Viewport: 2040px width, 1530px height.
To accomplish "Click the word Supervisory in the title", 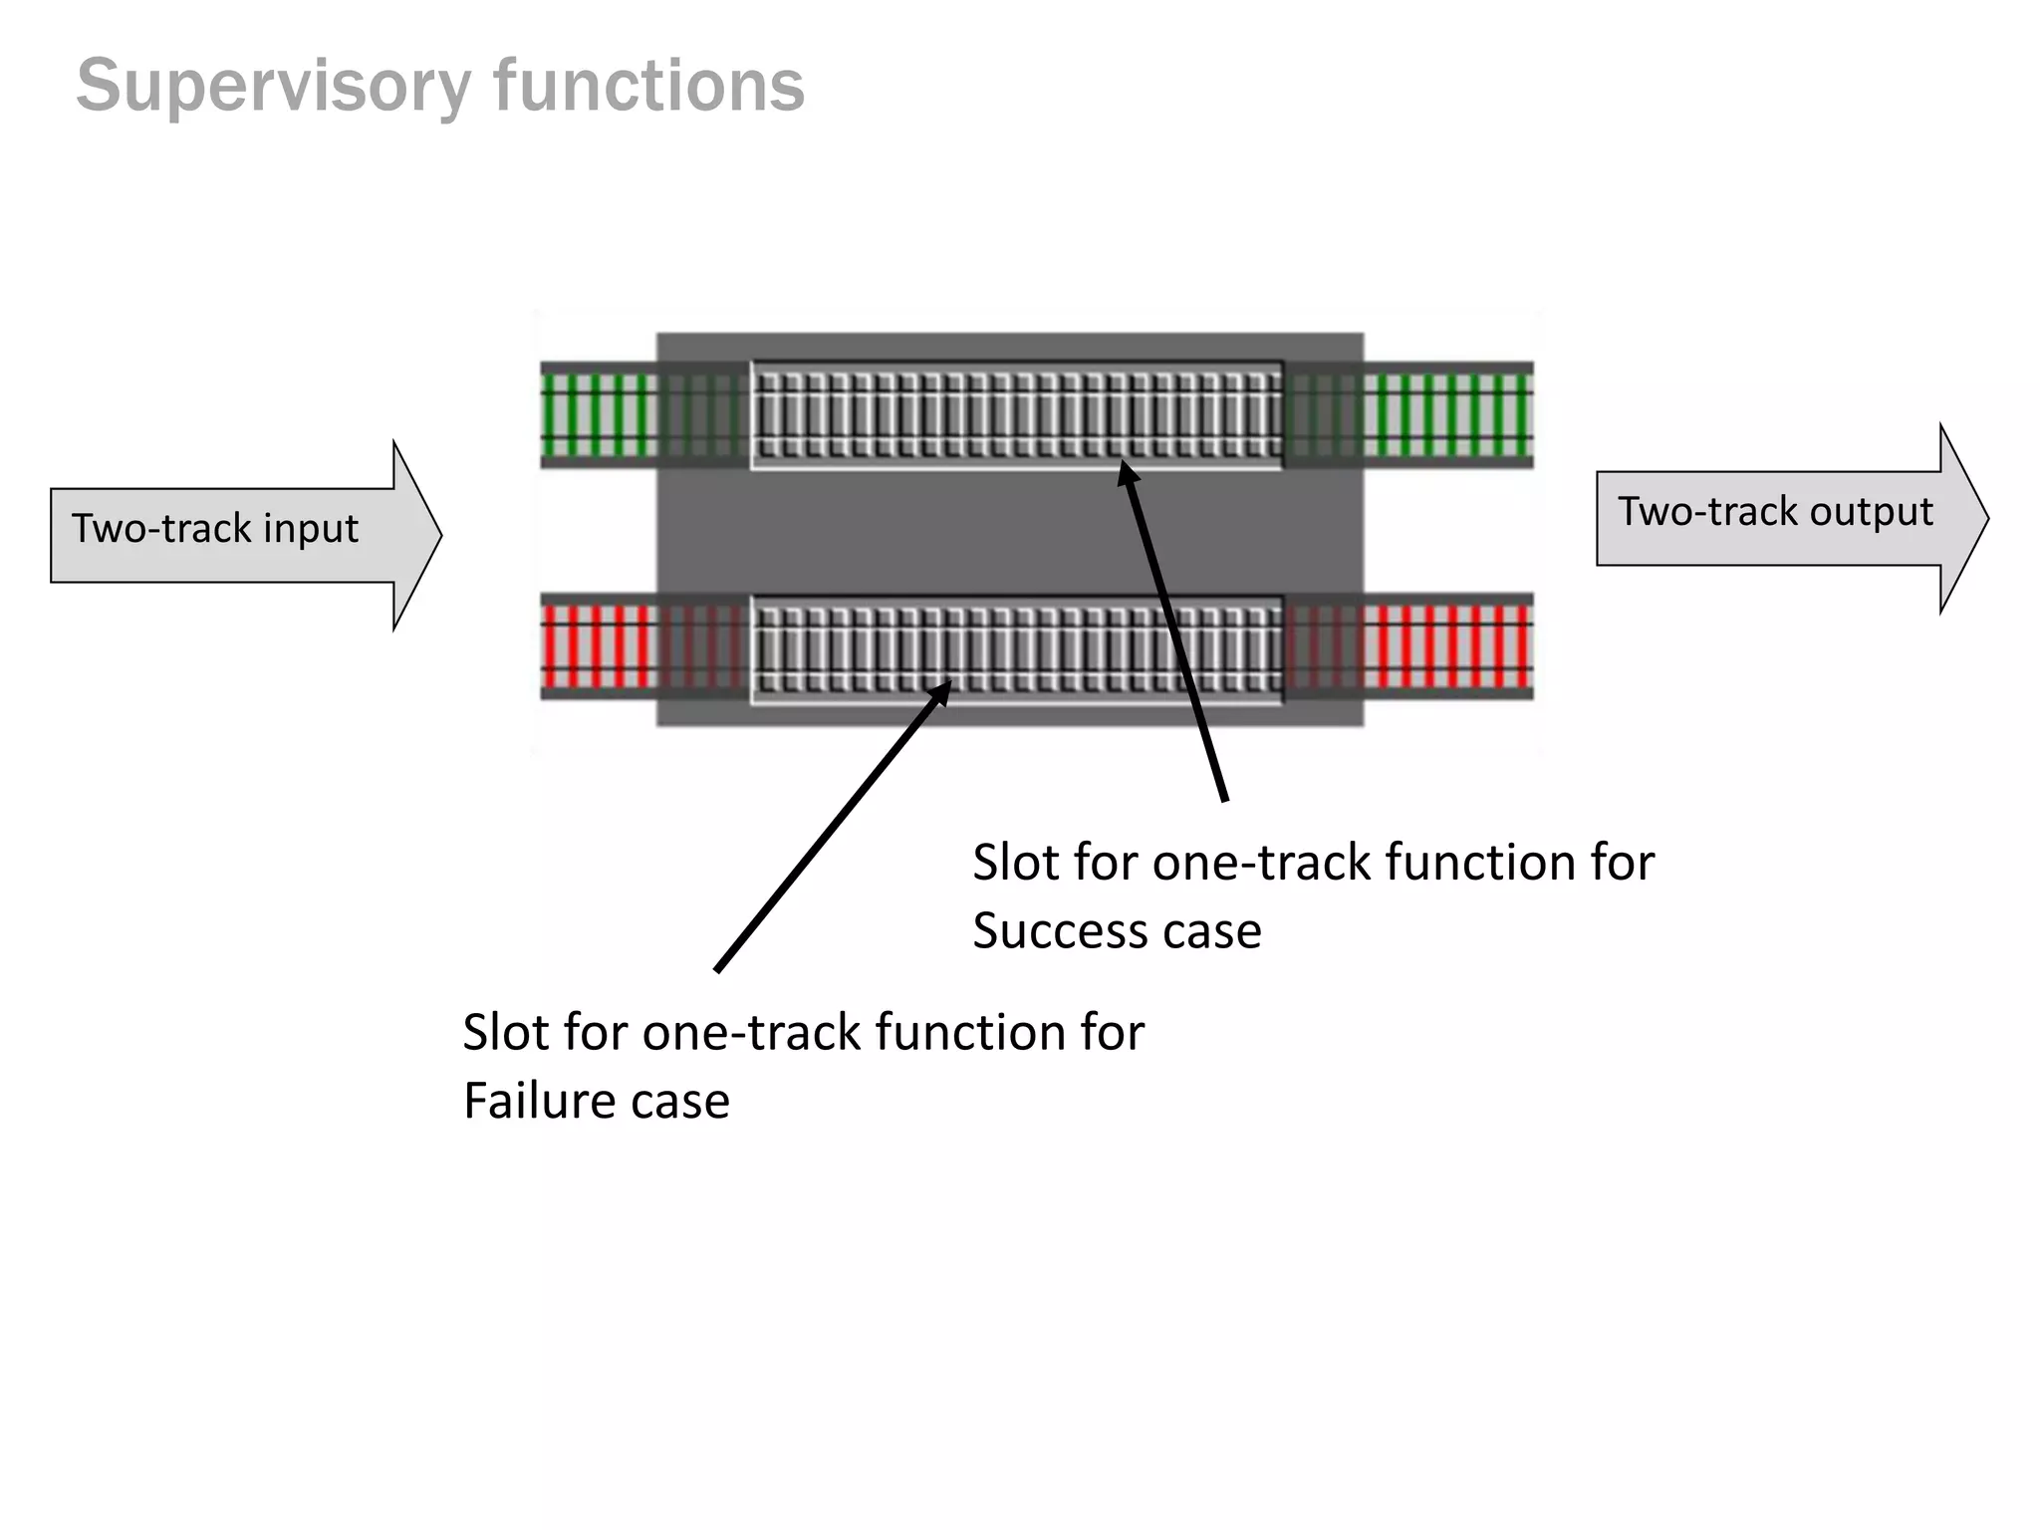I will (273, 88).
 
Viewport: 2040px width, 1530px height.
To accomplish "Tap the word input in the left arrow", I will (310, 530).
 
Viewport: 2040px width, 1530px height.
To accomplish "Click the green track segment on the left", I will (598, 413).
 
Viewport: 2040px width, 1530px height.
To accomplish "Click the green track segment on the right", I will (1447, 413).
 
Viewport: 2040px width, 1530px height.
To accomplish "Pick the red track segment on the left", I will (598, 647).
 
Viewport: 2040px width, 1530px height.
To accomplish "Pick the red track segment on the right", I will (1447, 647).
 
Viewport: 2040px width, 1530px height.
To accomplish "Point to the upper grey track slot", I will (1016, 414).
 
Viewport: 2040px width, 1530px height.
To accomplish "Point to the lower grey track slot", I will (1016, 649).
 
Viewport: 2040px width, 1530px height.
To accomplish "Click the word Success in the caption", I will (1050, 932).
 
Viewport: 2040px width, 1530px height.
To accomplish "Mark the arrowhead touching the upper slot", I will (1129, 474).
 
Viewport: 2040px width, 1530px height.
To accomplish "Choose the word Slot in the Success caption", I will (1015, 863).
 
